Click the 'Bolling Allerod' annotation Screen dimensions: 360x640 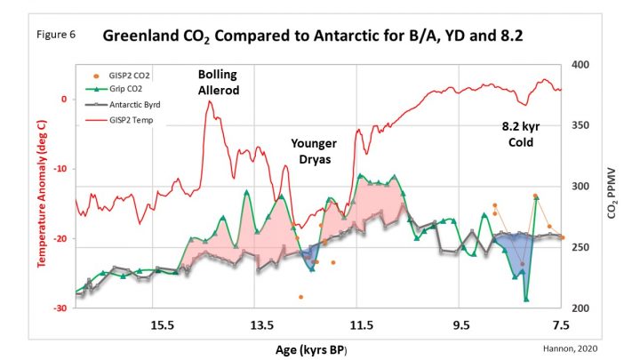[x=220, y=83]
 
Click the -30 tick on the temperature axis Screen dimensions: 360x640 [x=61, y=308]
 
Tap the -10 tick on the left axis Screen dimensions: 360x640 [x=61, y=169]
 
